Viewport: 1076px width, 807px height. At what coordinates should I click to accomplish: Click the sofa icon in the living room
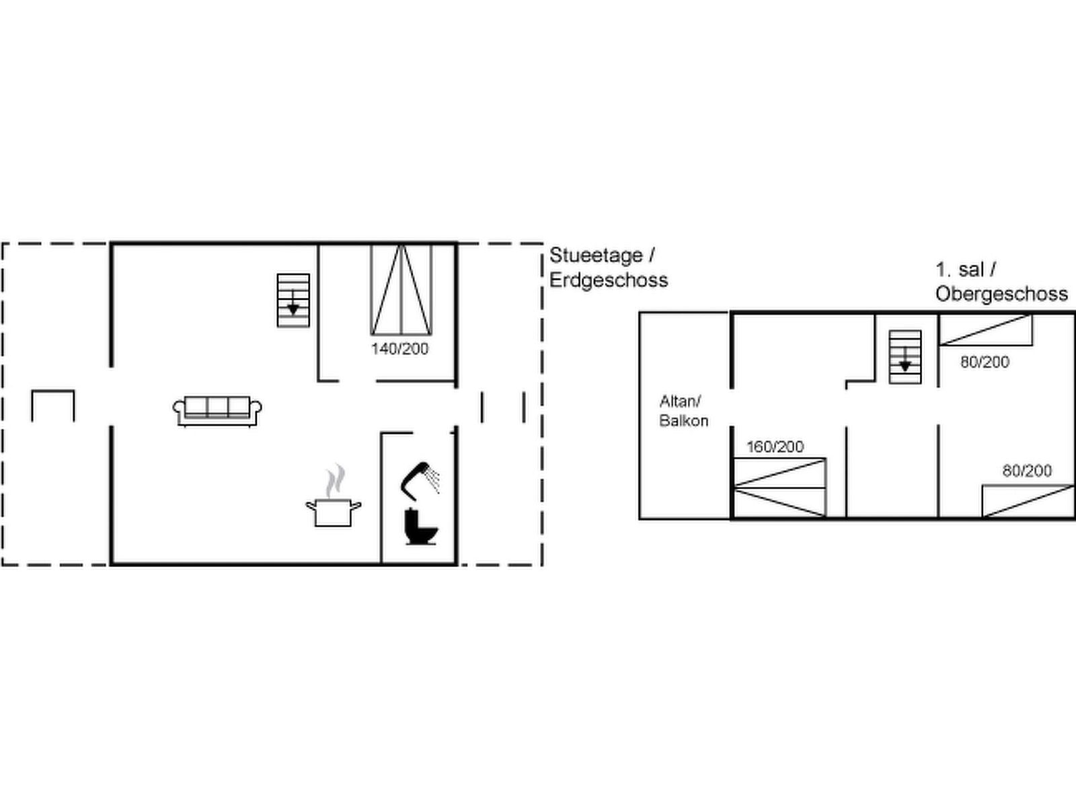pyautogui.click(x=217, y=411)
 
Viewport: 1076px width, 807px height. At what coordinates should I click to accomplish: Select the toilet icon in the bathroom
pyautogui.click(x=421, y=527)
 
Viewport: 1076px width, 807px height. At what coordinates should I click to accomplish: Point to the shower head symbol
pyautogui.click(x=420, y=481)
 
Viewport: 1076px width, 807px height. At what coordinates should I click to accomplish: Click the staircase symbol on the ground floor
pyautogui.click(x=293, y=301)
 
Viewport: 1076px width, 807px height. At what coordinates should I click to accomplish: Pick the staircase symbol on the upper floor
pyautogui.click(x=905, y=357)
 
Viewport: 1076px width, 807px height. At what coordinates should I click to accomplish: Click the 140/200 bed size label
pyautogui.click(x=400, y=349)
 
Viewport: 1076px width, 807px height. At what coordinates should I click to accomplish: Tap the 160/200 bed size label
pyautogui.click(x=775, y=447)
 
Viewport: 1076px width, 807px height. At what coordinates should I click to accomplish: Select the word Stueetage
pyautogui.click(x=596, y=256)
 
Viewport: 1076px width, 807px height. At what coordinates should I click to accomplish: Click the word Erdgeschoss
pyautogui.click(x=609, y=280)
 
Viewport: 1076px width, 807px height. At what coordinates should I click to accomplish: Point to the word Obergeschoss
pyautogui.click(x=1001, y=294)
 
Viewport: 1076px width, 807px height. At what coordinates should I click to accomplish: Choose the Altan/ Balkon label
pyautogui.click(x=683, y=411)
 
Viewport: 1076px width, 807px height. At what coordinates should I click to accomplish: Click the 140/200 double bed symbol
pyautogui.click(x=401, y=290)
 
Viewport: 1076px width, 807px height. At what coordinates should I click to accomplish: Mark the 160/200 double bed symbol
pyautogui.click(x=780, y=488)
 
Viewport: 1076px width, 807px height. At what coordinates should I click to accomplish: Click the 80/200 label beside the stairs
pyautogui.click(x=985, y=362)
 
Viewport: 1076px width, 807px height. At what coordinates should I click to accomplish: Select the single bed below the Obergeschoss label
pyautogui.click(x=986, y=330)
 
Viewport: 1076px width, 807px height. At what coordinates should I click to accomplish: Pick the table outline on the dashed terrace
pyautogui.click(x=53, y=406)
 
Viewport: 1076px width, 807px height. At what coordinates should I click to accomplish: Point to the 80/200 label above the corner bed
pyautogui.click(x=1027, y=471)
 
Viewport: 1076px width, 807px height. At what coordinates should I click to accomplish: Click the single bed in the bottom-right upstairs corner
pyautogui.click(x=1028, y=501)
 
